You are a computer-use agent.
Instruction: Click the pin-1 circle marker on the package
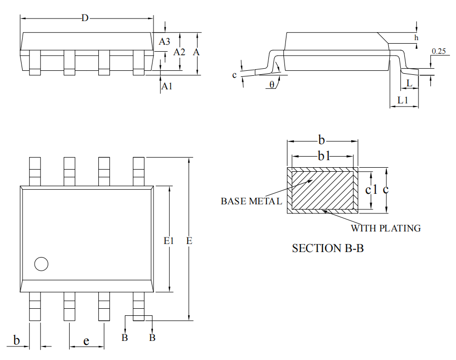click(41, 264)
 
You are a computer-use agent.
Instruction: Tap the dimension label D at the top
click(85, 19)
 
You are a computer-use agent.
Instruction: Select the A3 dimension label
click(165, 42)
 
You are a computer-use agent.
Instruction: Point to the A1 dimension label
click(167, 86)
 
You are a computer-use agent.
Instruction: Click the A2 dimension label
click(179, 52)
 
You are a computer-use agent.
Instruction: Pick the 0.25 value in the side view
click(438, 51)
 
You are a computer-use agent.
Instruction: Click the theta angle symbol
click(272, 84)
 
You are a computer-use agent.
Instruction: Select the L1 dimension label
click(402, 100)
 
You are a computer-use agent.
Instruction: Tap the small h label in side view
click(416, 38)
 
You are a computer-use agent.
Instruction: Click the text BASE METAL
click(251, 201)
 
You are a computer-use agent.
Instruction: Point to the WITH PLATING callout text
click(385, 228)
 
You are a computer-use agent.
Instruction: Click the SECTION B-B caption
click(328, 248)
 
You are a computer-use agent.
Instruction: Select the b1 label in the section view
click(324, 156)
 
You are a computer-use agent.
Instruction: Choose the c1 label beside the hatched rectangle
click(371, 189)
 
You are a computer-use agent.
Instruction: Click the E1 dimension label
click(169, 241)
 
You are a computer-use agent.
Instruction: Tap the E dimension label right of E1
click(189, 241)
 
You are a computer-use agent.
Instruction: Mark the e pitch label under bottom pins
click(86, 341)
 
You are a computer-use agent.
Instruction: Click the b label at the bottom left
click(16, 341)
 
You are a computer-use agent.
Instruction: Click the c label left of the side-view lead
click(234, 75)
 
